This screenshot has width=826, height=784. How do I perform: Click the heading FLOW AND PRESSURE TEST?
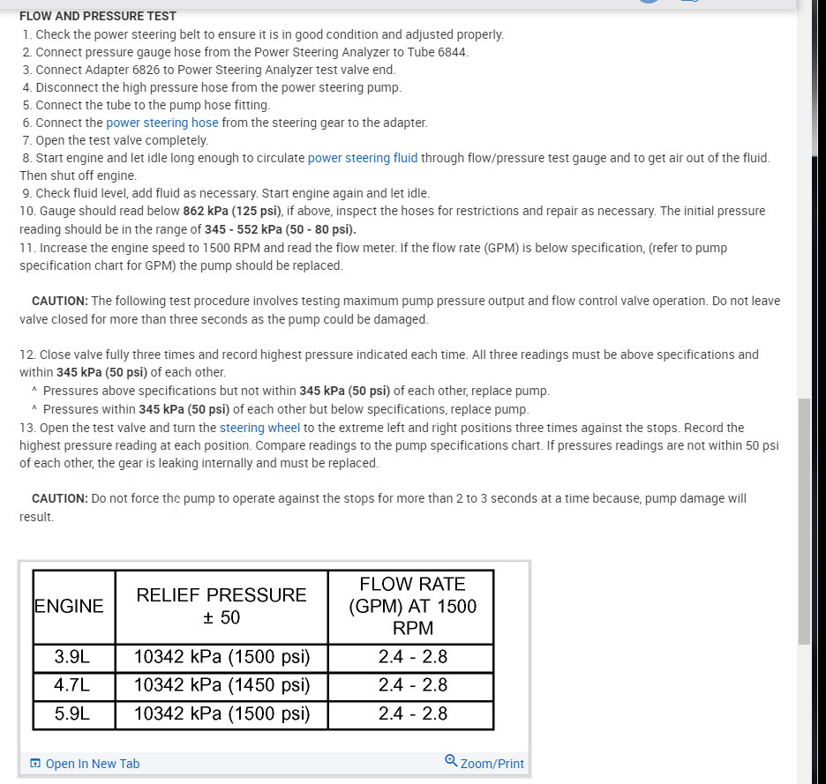(x=98, y=16)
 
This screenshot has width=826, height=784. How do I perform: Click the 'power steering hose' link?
(x=162, y=123)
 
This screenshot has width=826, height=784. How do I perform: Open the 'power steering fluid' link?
(x=363, y=158)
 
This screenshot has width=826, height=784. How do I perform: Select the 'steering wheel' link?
(x=259, y=428)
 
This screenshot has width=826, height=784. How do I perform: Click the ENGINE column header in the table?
(x=69, y=606)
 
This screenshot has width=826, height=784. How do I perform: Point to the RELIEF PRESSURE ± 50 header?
(x=222, y=606)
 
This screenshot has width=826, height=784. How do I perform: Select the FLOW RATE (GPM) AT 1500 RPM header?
(x=412, y=606)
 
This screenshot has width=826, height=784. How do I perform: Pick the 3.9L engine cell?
(x=72, y=656)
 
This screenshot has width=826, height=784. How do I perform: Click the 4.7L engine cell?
(x=72, y=684)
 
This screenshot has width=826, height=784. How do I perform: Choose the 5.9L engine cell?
(x=72, y=713)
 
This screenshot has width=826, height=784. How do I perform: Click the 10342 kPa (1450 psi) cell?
(x=222, y=684)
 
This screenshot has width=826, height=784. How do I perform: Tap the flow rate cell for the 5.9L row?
(x=412, y=713)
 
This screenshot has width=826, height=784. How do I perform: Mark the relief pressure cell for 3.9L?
(x=222, y=656)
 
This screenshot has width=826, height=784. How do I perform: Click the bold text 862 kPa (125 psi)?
(x=232, y=212)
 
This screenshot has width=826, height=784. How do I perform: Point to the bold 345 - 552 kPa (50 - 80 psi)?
(x=282, y=229)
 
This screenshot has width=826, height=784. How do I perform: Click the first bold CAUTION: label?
(x=59, y=301)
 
